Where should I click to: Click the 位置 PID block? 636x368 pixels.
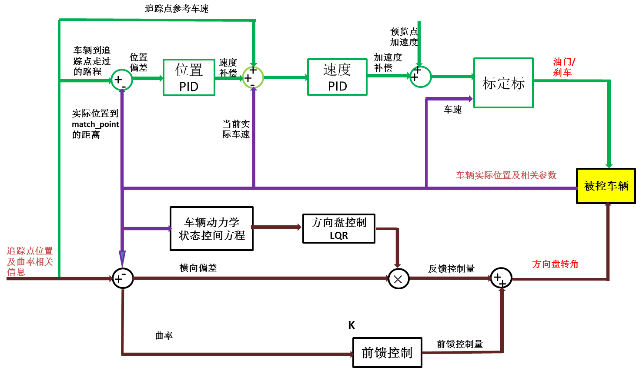point(189,77)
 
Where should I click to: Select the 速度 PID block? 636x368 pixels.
point(337,77)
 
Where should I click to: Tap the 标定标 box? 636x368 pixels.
point(503,83)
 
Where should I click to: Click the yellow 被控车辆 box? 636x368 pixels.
point(606,186)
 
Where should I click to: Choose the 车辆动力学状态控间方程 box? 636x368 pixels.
point(211,229)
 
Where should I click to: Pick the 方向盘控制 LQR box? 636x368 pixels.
point(339,228)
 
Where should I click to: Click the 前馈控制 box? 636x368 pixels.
point(387,352)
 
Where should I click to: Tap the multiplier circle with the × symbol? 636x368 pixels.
point(398,279)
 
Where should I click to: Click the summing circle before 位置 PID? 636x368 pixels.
point(121,80)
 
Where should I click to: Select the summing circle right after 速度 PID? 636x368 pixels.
point(420,77)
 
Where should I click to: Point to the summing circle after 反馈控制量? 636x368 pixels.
point(501,278)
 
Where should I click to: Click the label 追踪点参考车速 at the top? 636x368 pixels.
point(177,9)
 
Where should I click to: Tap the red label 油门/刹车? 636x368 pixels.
point(564,67)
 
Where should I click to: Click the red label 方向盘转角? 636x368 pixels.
point(555,264)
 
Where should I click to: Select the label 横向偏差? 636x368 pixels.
point(198,268)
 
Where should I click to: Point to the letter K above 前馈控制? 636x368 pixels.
point(351,325)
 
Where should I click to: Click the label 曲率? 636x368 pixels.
point(164,335)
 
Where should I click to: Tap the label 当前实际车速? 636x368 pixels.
point(236,129)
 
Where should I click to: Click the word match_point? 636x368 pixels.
point(95,124)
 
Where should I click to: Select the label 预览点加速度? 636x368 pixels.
point(404,37)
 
